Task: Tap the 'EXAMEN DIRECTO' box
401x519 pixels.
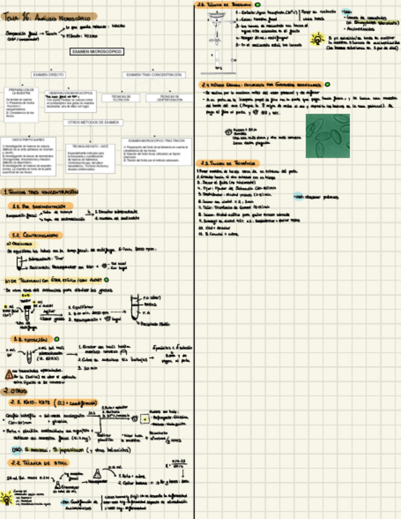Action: [48, 75]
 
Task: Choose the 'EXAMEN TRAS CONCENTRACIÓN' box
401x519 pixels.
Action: [154, 75]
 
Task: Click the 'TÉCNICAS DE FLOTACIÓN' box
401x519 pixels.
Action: [117, 97]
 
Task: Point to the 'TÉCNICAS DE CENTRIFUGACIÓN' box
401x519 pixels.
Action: [169, 97]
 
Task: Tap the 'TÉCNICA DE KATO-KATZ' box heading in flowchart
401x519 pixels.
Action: [90, 146]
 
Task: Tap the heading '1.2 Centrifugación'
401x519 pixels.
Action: [35, 236]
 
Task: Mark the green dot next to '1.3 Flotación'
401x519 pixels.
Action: [57, 338]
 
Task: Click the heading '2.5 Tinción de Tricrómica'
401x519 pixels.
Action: [229, 163]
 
